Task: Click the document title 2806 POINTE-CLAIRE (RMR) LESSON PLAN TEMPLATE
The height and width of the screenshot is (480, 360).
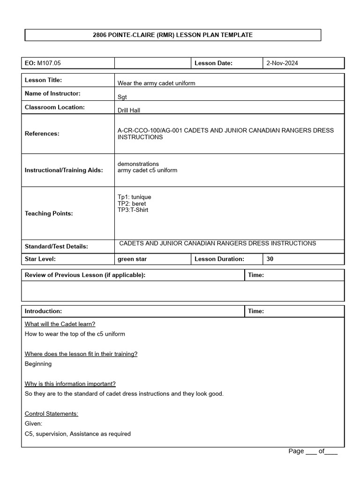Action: pos(172,35)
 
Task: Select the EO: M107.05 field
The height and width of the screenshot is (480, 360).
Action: pos(42,63)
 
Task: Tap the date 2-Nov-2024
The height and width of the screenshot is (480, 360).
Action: pos(282,63)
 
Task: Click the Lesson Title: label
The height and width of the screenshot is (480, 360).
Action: pos(43,80)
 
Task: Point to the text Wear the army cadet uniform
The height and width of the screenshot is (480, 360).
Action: pos(156,83)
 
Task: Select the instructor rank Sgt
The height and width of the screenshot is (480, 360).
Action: pos(122,97)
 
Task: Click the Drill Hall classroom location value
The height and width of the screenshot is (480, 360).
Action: pos(129,111)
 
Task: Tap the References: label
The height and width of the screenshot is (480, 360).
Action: pos(42,134)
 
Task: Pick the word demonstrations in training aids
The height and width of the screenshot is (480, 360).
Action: pos(138,164)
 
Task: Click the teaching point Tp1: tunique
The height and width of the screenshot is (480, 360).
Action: pos(134,197)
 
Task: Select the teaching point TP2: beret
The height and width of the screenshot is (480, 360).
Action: pos(131,203)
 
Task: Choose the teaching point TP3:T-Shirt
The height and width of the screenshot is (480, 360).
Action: pos(133,210)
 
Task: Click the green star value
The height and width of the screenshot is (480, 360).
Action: pos(132,259)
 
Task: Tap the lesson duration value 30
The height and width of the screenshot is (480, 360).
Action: pos(270,259)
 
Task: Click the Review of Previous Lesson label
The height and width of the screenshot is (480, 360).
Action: pos(85,275)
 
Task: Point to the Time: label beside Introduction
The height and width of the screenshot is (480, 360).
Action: pos(256,311)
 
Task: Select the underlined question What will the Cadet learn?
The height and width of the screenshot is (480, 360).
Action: pos(60,324)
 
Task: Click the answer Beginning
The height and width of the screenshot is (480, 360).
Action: pos(38,364)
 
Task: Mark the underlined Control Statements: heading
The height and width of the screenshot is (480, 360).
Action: pos(52,413)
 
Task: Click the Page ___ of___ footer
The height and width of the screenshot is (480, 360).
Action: pos(313,451)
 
